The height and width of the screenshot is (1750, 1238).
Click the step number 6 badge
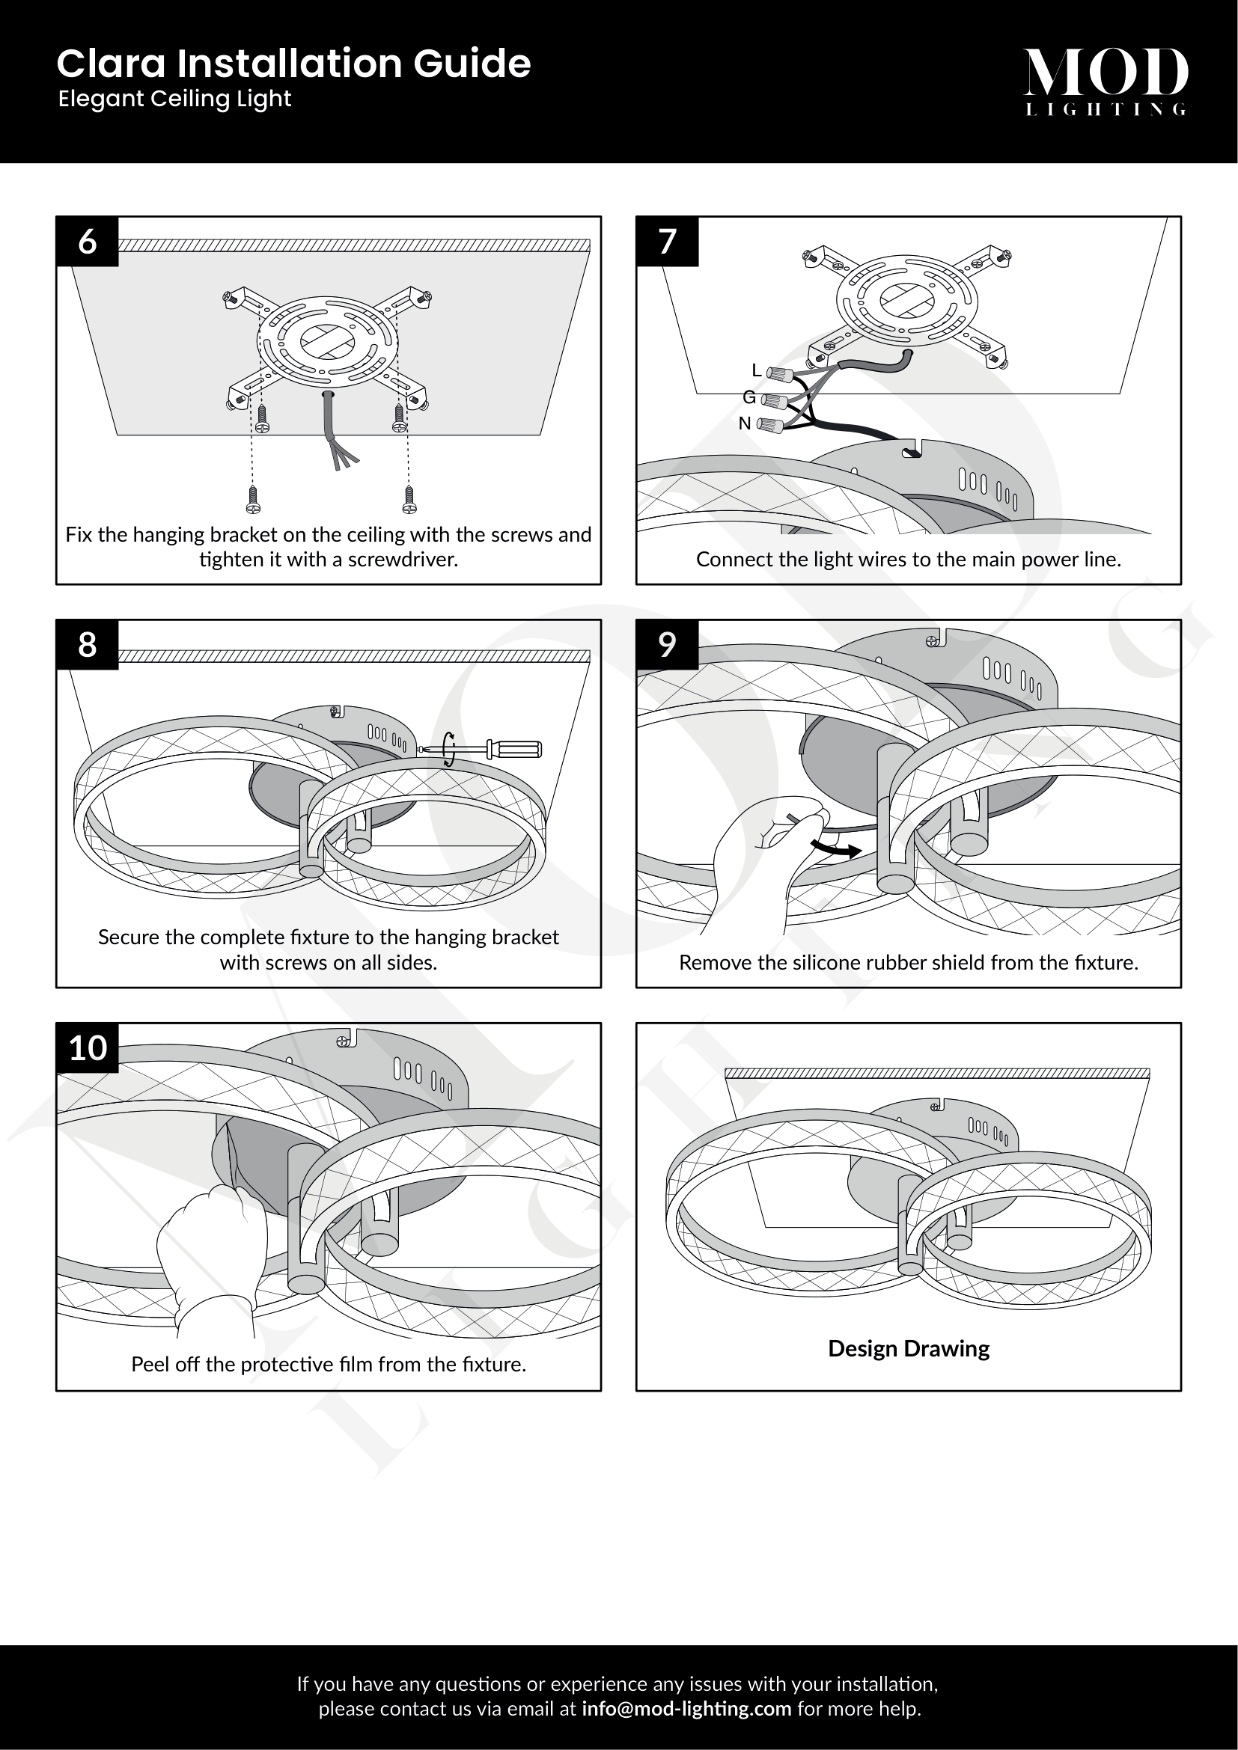pyautogui.click(x=88, y=242)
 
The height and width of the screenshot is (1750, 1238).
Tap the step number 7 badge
pyautogui.click(x=668, y=242)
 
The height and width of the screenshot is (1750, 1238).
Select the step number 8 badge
pyautogui.click(x=88, y=645)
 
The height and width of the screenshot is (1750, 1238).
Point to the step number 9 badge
pyautogui.click(x=668, y=645)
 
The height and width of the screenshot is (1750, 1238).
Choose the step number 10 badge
pyautogui.click(x=88, y=1048)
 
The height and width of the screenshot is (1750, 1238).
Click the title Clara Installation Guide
pyautogui.click(x=293, y=64)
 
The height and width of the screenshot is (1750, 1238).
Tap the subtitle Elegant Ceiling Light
pyautogui.click(x=174, y=99)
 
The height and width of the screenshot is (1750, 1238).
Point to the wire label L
pyautogui.click(x=756, y=370)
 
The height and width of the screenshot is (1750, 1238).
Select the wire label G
pyautogui.click(x=749, y=397)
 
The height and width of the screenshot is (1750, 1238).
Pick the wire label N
pyautogui.click(x=745, y=423)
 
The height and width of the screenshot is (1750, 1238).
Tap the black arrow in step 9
pyautogui.click(x=836, y=848)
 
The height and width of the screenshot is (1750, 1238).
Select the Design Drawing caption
pyautogui.click(x=909, y=1349)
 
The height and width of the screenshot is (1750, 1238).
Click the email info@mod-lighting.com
pyautogui.click(x=686, y=1709)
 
